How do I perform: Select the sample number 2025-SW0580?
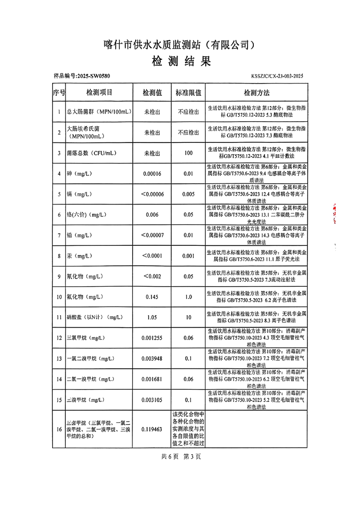[x=82, y=77]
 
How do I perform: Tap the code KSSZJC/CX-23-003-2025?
[x=276, y=77]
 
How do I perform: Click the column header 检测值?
[x=152, y=93]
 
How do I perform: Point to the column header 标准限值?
[x=188, y=93]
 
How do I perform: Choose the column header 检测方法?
[x=257, y=93]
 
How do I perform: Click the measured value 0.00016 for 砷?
[x=152, y=174]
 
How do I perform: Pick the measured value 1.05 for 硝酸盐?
[x=152, y=317]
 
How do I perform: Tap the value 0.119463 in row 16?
[x=152, y=428]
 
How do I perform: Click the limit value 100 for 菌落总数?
[x=188, y=153]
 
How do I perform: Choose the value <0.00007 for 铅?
[x=152, y=235]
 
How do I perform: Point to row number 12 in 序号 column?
[x=59, y=338]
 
